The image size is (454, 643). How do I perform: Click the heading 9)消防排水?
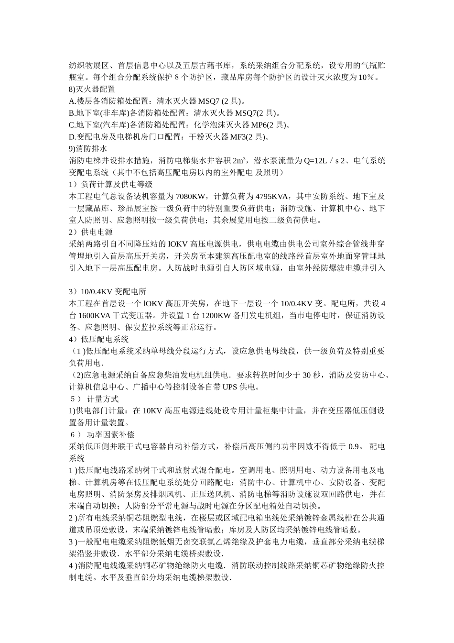[88, 149]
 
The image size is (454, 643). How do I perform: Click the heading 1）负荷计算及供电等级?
[111, 184]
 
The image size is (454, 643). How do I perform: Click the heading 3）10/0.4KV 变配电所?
[108, 291]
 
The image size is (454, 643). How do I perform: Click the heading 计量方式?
[103, 399]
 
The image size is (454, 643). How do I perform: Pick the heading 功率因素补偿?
[111, 434]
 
